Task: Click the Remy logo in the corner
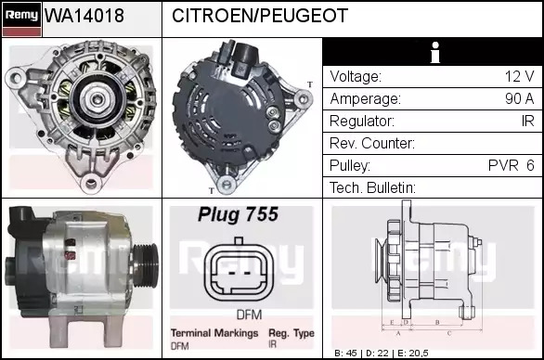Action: tap(22, 19)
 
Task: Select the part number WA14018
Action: tap(84, 16)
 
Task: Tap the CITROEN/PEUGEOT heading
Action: tap(260, 16)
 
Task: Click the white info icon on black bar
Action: tap(435, 53)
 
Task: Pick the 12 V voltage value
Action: tap(519, 76)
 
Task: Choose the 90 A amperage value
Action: tap(519, 98)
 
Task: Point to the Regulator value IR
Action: tap(527, 121)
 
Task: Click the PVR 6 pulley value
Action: tap(511, 165)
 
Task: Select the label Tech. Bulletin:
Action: tap(372, 187)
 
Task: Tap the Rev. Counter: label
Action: tap(372, 143)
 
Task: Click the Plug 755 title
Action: tap(238, 214)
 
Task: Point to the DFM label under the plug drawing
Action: tap(249, 315)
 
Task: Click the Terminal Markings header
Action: tap(214, 333)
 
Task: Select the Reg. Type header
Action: tap(291, 333)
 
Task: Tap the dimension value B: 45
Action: tap(345, 354)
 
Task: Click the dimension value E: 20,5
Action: tap(413, 354)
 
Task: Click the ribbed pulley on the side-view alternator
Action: tap(146, 265)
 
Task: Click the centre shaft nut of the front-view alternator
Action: tap(97, 99)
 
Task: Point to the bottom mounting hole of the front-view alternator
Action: tap(91, 183)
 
